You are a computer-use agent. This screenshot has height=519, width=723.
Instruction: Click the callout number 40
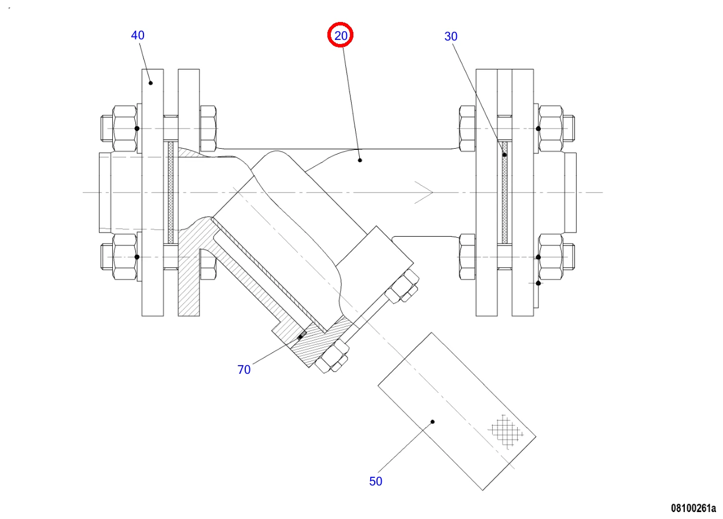[x=138, y=35]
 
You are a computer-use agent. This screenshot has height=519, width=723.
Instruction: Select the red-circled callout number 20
[x=341, y=35]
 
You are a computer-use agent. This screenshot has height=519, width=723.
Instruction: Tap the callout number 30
[x=451, y=36]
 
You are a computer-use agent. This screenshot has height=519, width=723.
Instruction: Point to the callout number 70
[x=244, y=370]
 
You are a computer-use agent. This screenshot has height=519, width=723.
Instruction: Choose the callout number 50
[x=376, y=481]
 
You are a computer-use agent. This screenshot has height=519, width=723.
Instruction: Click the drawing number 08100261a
[x=694, y=508]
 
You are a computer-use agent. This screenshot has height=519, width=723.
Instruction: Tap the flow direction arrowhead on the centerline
[x=424, y=193]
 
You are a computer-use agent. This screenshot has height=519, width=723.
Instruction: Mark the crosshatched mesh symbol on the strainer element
[x=506, y=432]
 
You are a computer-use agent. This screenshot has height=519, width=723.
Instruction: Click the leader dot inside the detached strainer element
[x=433, y=421]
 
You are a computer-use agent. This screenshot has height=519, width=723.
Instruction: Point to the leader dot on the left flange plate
[x=150, y=83]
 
